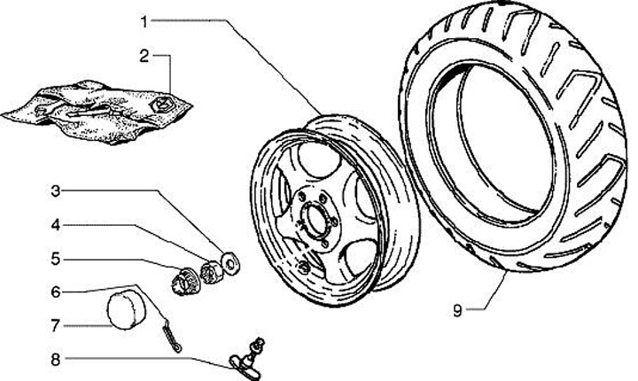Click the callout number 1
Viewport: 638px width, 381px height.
click(144, 21)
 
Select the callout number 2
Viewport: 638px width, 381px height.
click(144, 56)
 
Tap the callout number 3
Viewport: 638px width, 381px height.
click(56, 190)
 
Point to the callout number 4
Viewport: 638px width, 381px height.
click(56, 225)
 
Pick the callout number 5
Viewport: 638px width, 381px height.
click(56, 259)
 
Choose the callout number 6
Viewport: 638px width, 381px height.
click(56, 292)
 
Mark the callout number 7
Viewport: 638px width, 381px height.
click(56, 326)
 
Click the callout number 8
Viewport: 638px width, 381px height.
click(56, 360)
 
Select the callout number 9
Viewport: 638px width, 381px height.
click(458, 311)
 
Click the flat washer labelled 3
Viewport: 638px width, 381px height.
click(230, 262)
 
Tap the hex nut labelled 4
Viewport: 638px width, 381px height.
click(211, 271)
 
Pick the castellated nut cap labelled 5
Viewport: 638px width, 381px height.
click(186, 282)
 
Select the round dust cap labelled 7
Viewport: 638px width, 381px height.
click(126, 310)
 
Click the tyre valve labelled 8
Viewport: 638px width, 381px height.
click(248, 356)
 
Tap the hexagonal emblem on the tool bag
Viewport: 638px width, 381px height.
click(163, 105)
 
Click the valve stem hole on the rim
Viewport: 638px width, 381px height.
click(303, 268)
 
